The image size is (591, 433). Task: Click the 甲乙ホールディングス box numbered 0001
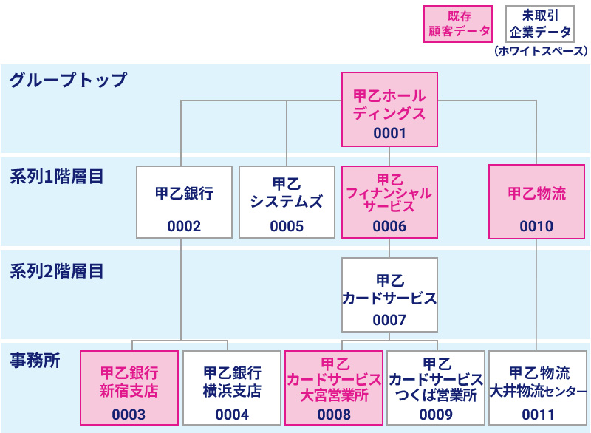(389, 109)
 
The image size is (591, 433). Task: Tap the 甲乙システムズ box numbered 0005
(287, 202)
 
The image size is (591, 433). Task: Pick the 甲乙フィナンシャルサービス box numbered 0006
(389, 202)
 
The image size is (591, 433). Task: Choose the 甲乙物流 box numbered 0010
(536, 202)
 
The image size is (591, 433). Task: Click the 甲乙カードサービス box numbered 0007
(389, 295)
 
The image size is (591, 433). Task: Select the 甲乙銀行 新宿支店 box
(129, 388)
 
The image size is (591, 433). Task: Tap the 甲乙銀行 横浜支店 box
(232, 388)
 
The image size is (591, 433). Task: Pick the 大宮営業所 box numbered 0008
(334, 388)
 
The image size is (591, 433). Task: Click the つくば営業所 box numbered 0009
(436, 388)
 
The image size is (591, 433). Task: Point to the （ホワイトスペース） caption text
(541, 52)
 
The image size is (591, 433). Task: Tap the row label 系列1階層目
(56, 177)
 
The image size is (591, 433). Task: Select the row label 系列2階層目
(56, 270)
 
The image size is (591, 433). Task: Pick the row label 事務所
(35, 361)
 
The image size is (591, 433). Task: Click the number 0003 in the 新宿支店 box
(129, 415)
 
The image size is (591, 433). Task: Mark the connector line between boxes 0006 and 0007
(389, 248)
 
